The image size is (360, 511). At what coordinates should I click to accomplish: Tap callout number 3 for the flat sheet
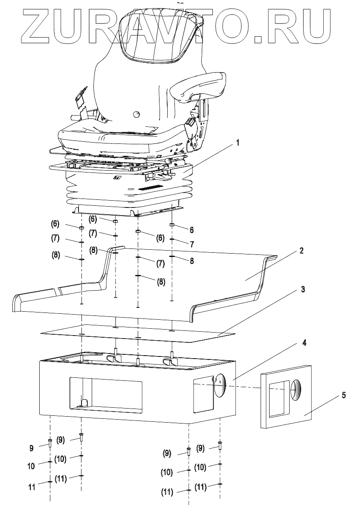tap(303, 290)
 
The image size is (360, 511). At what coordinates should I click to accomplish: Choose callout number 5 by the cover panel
tap(344, 395)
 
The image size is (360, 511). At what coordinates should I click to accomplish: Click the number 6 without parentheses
tap(192, 230)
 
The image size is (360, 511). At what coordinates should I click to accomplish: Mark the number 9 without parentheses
tap(31, 448)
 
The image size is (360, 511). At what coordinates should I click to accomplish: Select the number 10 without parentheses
tap(31, 466)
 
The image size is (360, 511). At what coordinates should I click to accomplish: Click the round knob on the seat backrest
tap(136, 114)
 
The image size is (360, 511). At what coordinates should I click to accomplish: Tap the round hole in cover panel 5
tap(296, 390)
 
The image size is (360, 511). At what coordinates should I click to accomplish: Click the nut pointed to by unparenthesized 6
tap(171, 225)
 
